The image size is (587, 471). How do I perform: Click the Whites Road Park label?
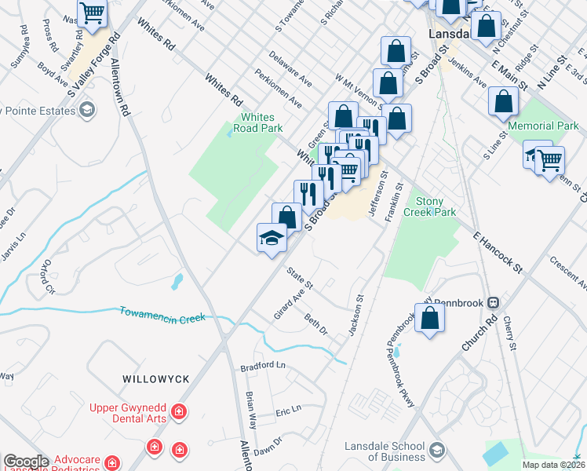pos(261,122)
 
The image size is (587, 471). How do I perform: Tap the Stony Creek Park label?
pos(429,206)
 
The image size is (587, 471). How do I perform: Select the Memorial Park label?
pos(543,126)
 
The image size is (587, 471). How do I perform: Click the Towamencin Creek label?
pos(162,314)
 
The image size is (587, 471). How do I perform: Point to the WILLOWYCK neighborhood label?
pos(156,379)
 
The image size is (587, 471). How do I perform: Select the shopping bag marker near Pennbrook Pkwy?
pos(429,318)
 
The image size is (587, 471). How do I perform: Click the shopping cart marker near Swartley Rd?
pos(93,13)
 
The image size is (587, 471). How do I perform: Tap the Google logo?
pos(26,462)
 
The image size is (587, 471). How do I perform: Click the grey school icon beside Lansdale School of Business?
pos(437,451)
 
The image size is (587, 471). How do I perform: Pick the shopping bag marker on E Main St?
pos(502,100)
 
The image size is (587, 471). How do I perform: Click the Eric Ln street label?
pos(288,411)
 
